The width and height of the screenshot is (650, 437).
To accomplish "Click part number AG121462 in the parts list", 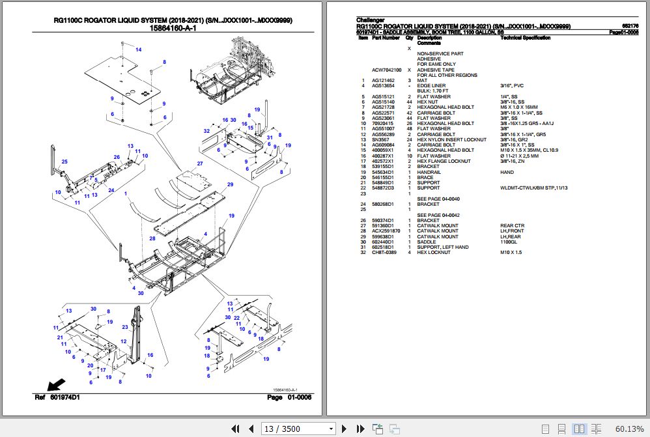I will pos(384,80).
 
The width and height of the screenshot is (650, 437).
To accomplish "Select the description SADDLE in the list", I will pos(427,242).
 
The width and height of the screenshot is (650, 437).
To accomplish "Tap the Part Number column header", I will pos(386,38).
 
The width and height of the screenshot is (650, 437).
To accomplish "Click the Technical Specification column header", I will pos(525,38).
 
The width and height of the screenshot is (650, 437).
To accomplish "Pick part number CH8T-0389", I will pos(384,253).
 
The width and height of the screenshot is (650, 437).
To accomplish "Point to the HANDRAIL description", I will pos(429,172).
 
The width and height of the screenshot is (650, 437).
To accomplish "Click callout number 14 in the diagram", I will pos(138,49).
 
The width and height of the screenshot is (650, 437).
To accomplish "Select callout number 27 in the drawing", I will pos(201,163).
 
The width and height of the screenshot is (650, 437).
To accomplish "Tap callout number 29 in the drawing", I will pos(230,185).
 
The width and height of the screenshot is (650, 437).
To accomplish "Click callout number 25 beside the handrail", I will pos(64,162).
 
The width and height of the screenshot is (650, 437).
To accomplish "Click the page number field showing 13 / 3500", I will pos(298,428).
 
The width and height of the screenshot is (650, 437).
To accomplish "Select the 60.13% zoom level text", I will pos(629,428).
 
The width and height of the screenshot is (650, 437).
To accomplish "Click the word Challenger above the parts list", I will pos(371,20).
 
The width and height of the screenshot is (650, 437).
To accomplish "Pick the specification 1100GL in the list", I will pos(509,242).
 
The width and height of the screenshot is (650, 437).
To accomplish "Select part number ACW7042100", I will pos(386,70).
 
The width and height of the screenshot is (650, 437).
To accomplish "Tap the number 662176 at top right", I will pos(630,26).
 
